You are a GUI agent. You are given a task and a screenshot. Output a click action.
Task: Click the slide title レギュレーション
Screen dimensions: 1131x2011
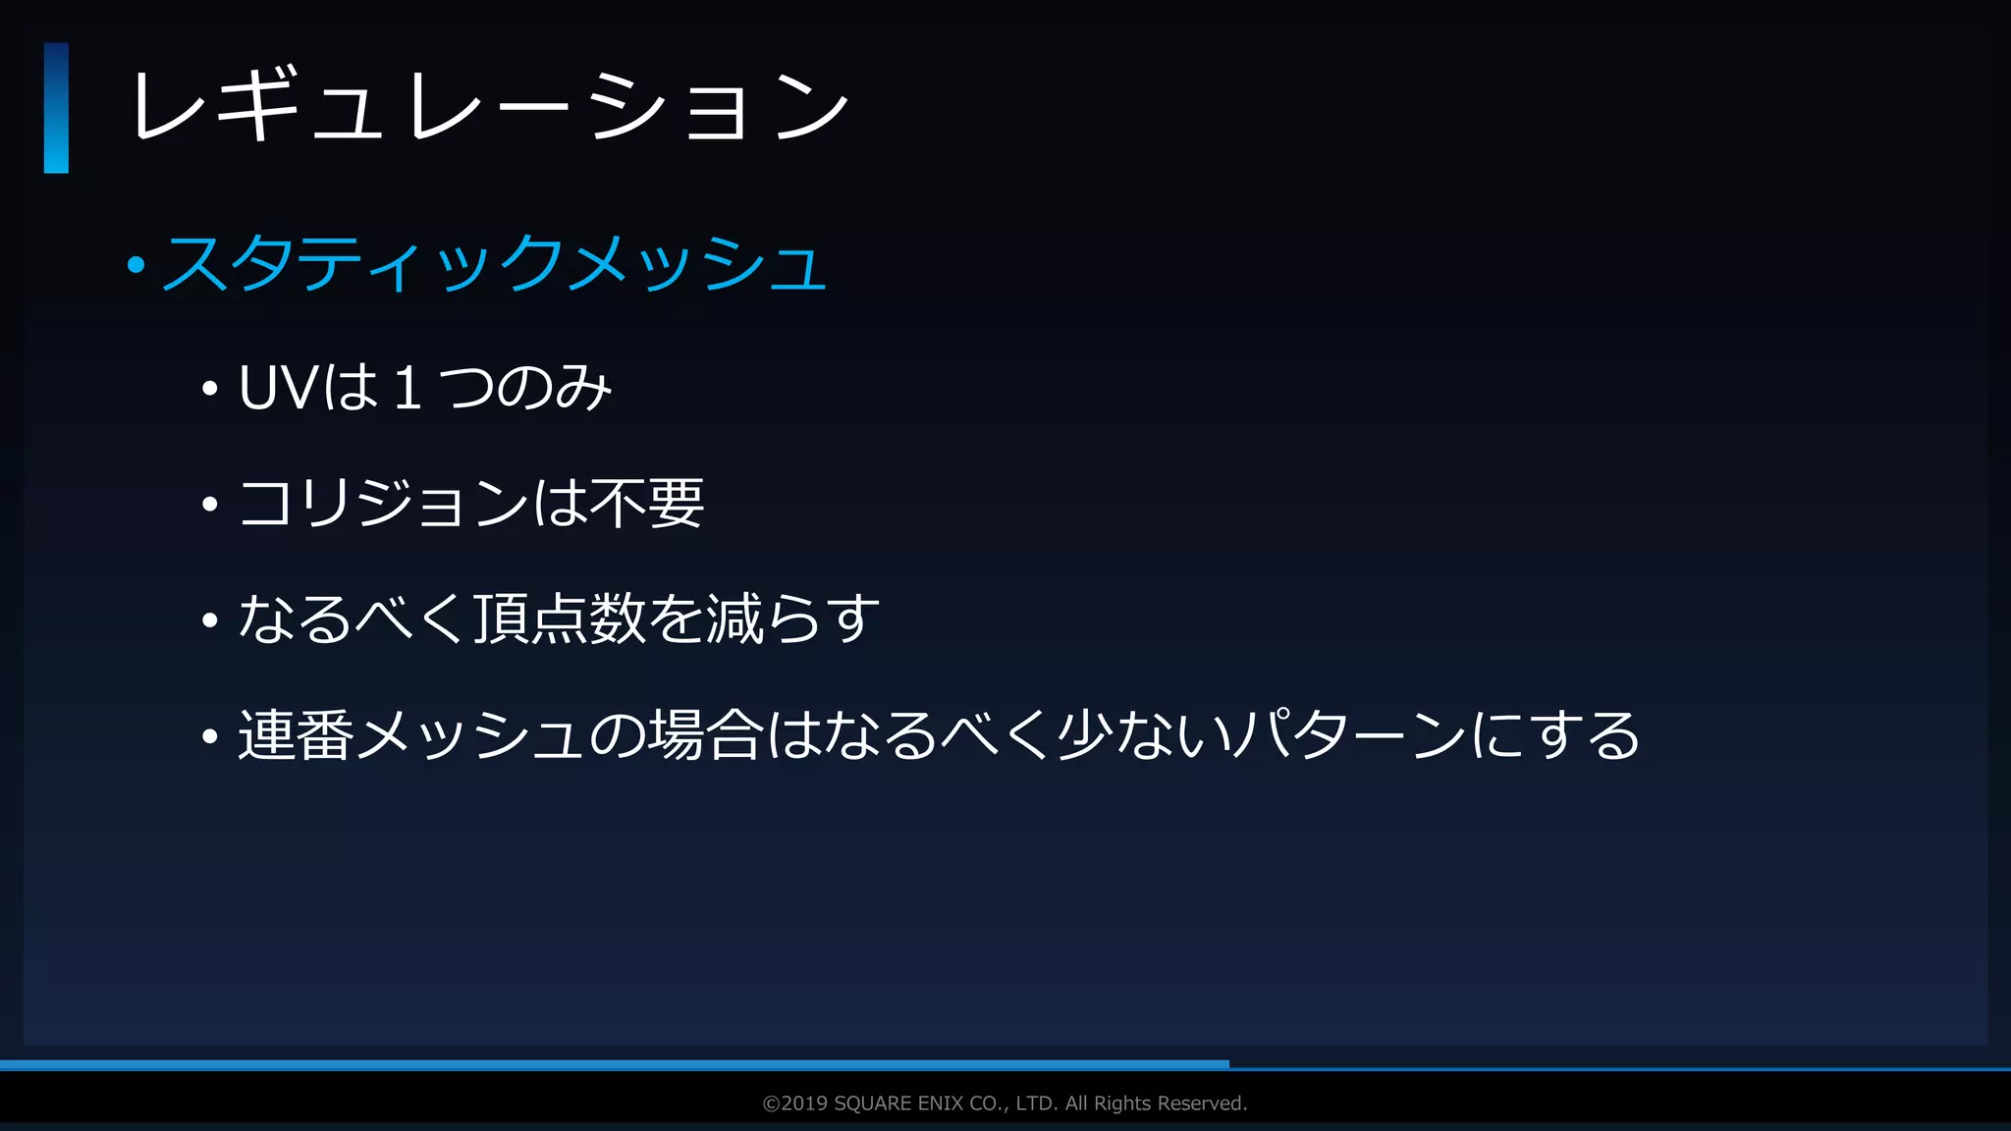[x=489, y=107]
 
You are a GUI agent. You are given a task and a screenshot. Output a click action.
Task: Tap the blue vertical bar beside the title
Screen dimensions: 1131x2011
[x=56, y=108]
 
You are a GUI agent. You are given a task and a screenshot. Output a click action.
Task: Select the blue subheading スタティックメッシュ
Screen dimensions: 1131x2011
[x=494, y=263]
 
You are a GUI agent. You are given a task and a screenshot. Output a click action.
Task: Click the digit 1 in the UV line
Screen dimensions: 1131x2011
[x=408, y=387]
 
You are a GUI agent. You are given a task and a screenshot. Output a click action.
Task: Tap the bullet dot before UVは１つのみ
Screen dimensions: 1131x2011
[x=209, y=390]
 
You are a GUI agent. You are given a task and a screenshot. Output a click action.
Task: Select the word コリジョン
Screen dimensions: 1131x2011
[x=384, y=504]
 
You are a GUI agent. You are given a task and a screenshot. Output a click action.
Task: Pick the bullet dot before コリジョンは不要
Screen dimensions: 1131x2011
[x=209, y=506]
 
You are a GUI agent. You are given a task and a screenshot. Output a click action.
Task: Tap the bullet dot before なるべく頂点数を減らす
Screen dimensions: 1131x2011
[x=209, y=621]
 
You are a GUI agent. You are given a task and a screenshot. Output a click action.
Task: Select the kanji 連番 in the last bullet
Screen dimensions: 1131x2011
[x=296, y=735]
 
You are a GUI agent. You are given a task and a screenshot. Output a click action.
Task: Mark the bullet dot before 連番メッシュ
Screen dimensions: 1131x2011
[x=209, y=737]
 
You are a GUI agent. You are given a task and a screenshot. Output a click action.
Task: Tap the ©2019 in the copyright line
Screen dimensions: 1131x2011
[x=794, y=1104]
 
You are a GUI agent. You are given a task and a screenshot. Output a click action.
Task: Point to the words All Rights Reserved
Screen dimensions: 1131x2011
[x=1156, y=1104]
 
